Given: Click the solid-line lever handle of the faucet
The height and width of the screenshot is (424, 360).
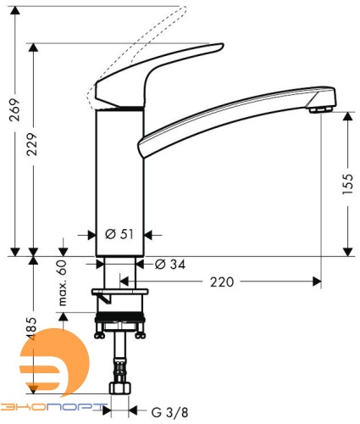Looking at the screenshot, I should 161,72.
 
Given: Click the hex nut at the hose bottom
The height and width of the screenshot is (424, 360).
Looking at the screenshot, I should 121,389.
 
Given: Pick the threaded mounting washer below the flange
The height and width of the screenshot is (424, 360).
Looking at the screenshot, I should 121,322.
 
